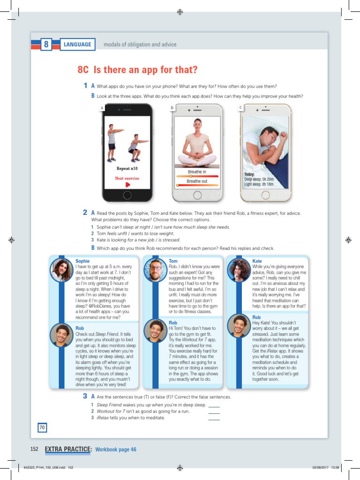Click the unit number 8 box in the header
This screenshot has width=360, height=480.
pos(46,45)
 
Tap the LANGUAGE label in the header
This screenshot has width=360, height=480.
pos(78,45)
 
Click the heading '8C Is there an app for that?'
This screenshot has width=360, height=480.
pos(137,70)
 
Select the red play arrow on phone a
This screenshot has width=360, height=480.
pos(127,185)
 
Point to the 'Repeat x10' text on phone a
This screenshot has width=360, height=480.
pos(127,169)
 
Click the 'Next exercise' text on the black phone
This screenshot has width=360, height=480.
pos(127,178)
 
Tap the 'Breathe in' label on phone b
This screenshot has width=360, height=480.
pos(197,172)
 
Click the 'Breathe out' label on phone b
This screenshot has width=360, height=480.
pos(197,181)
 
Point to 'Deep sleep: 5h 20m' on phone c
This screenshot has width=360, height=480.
pos(259,179)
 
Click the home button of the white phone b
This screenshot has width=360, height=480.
pos(197,195)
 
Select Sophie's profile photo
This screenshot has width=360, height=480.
pos(61,270)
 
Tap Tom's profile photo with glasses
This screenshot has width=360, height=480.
pos(155,270)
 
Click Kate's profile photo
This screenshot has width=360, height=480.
pos(239,270)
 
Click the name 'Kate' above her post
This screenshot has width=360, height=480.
pos(257,261)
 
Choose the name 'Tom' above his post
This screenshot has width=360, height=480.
pos(173,261)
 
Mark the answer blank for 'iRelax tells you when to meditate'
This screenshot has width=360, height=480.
pos(214,418)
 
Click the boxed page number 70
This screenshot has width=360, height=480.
pos(42,427)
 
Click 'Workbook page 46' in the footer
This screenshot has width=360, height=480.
pos(116,450)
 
